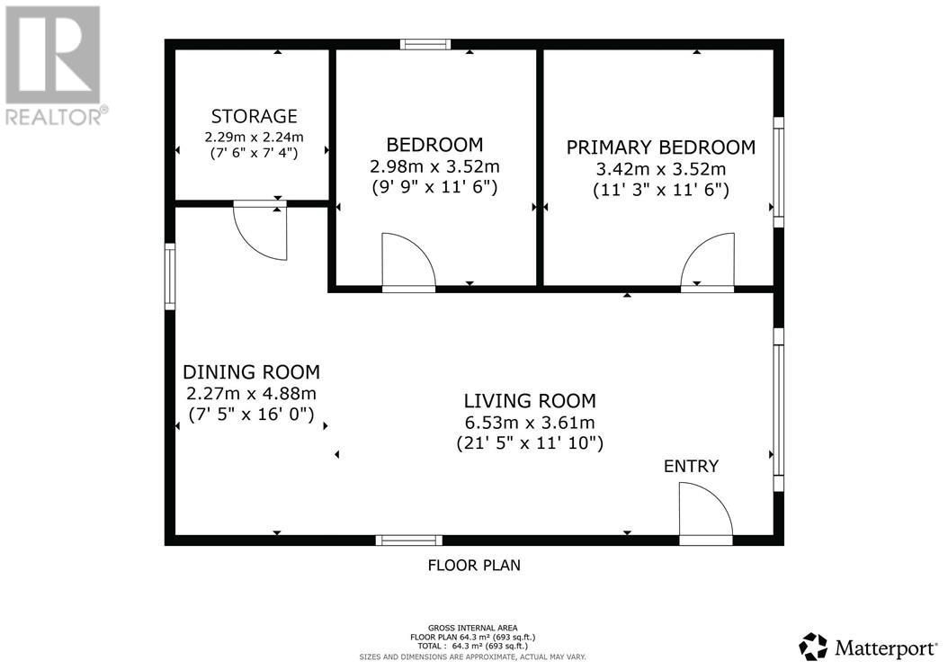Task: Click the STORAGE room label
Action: point(254,116)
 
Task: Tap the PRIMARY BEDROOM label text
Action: point(660,147)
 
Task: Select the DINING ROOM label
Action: point(251,372)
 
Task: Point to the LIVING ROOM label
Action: point(529,401)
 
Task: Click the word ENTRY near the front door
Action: point(691,466)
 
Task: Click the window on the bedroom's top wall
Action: point(425,44)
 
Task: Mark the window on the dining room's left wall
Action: point(170,276)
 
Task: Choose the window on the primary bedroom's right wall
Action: point(779,172)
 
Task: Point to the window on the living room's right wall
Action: point(779,409)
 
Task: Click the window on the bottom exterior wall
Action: point(408,540)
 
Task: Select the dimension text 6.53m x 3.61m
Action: point(529,423)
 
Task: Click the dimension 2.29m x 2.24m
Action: point(254,137)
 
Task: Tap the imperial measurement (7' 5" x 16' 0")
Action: point(251,415)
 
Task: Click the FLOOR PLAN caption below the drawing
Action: point(473,566)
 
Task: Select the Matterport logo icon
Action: point(813,646)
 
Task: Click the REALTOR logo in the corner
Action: point(53,64)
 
